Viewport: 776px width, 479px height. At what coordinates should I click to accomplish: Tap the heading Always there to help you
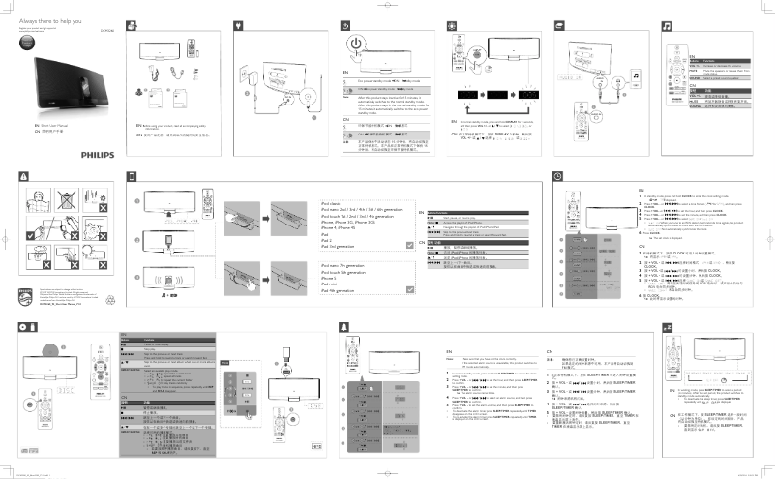pos(45,19)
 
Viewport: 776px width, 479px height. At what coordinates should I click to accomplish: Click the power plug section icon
pos(238,21)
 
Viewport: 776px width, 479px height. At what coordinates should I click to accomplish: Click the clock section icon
pos(558,175)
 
